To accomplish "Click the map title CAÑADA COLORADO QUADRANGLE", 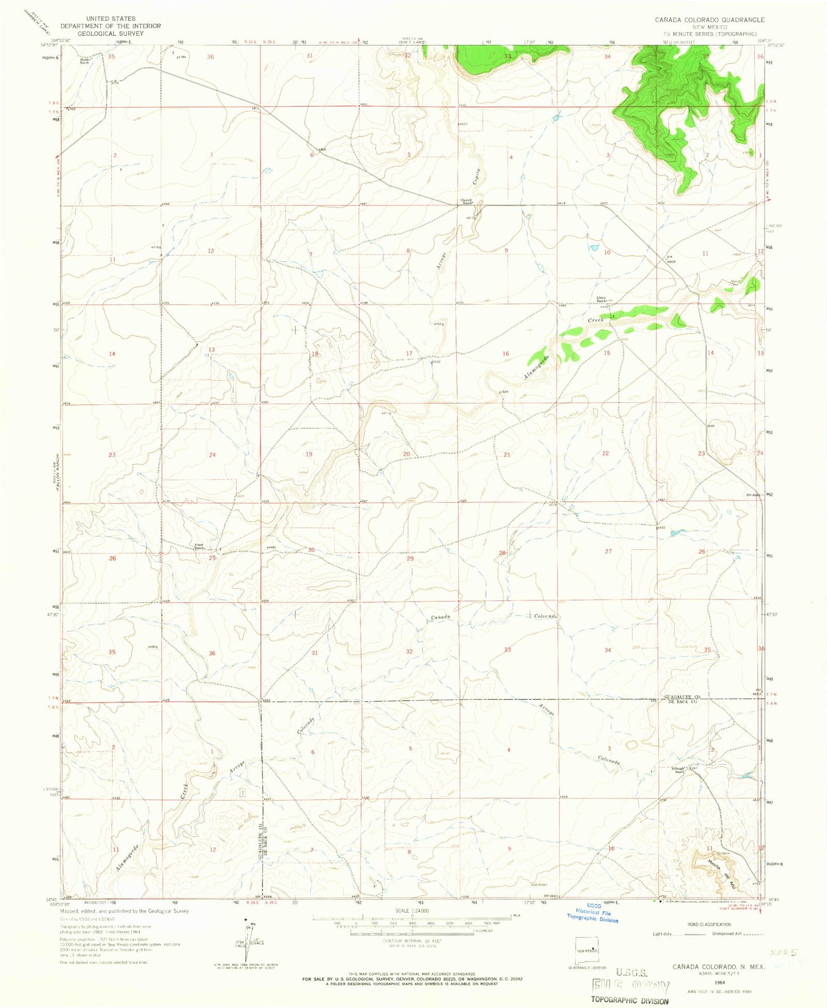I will (x=710, y=19).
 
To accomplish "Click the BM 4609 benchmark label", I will (x=672, y=259).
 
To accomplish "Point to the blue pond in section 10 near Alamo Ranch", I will (x=593, y=248).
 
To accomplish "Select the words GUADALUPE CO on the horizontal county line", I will (x=682, y=697).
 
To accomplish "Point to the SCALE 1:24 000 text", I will (x=411, y=911).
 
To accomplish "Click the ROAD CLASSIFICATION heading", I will (x=709, y=924).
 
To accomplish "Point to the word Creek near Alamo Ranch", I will (x=596, y=321).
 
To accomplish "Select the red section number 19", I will (x=309, y=454).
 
